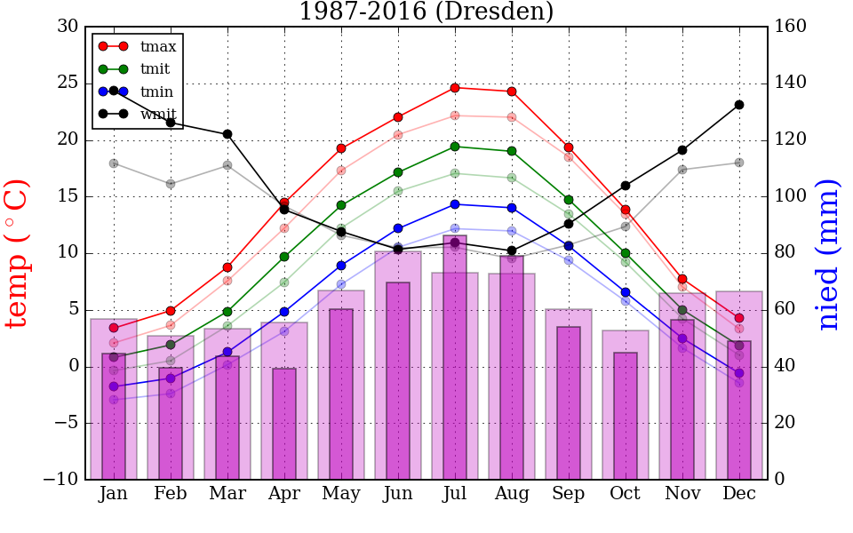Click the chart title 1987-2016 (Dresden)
pyautogui.click(x=426, y=12)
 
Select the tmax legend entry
pyautogui.click(x=158, y=46)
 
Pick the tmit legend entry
pyautogui.click(x=155, y=68)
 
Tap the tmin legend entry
pyautogui.click(x=156, y=91)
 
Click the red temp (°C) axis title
pyautogui.click(x=18, y=253)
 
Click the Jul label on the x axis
pyautogui.click(x=455, y=494)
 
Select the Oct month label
pyautogui.click(x=626, y=494)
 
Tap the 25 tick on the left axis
pyautogui.click(x=68, y=84)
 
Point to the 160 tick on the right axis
pyautogui.click(x=791, y=27)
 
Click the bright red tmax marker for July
pyautogui.click(x=455, y=88)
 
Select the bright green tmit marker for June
pyautogui.click(x=398, y=172)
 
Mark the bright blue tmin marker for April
pyautogui.click(x=284, y=312)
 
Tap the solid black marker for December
pyautogui.click(x=739, y=105)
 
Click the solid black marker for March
pyautogui.click(x=227, y=134)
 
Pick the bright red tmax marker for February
pyautogui.click(x=171, y=311)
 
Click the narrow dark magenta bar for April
pyautogui.click(x=284, y=424)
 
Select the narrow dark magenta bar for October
pyautogui.click(x=626, y=416)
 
